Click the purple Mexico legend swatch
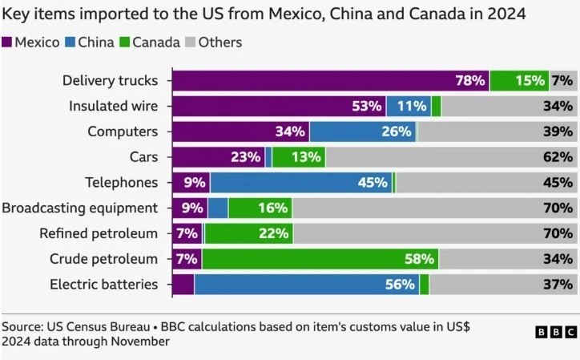click(7, 42)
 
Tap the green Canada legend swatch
click(124, 42)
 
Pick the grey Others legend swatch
click(191, 42)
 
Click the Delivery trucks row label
click(110, 80)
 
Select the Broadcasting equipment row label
click(80, 208)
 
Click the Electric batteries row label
click(104, 284)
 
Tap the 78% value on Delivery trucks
click(470, 80)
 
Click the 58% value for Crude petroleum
click(420, 259)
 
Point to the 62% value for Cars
click(558, 157)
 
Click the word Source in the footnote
click(22, 327)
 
